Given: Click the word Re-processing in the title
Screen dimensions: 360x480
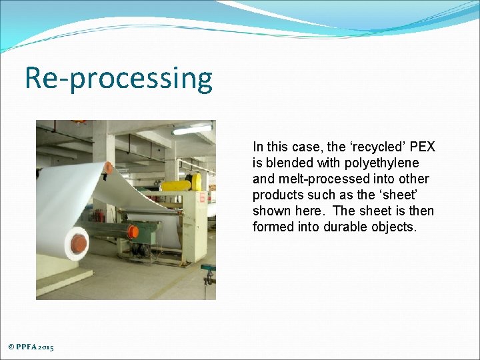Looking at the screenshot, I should coord(119,79).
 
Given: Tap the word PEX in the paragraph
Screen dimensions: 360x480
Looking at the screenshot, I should coord(422,147).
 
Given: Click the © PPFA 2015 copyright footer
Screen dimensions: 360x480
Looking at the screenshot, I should coord(31,347).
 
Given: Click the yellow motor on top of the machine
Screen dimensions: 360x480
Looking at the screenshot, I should coord(177,185).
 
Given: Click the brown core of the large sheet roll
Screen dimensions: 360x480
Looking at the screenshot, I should coord(79,243).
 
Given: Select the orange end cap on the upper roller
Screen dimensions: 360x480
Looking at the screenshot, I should coord(108,167).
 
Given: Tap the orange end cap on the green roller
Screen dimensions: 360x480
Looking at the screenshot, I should coord(133,231).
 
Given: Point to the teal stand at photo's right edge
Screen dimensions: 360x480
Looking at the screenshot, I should coord(209,273).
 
